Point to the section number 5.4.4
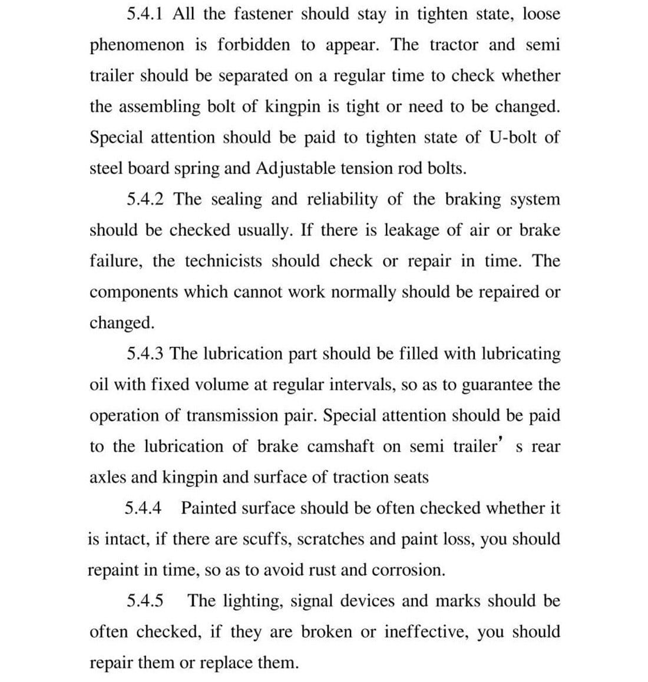[144, 508]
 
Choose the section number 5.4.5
[145, 601]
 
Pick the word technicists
[224, 261]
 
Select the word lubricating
[521, 355]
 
